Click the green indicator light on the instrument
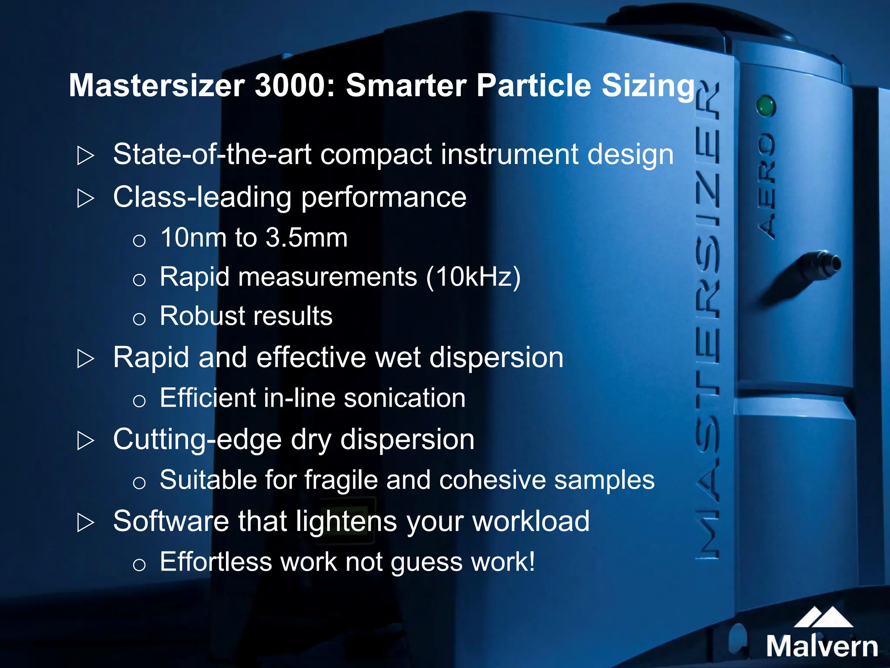[x=765, y=106]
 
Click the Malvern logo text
[x=822, y=646]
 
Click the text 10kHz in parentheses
[x=473, y=277]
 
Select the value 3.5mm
[x=306, y=238]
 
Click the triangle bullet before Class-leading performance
[x=85, y=198]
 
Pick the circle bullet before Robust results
[x=139, y=319]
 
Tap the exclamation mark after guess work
[x=531, y=561]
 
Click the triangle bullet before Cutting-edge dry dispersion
[x=85, y=441]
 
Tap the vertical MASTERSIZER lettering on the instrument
[x=707, y=322]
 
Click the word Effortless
[x=216, y=561]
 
